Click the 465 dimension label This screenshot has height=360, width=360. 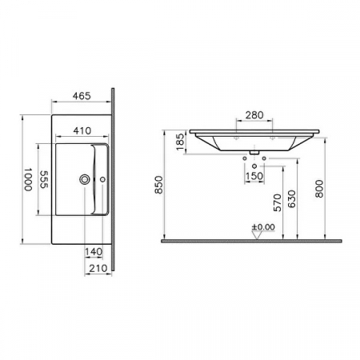coord(83,95)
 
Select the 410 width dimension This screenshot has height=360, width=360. coord(81,129)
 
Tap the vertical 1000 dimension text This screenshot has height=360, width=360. coord(26,180)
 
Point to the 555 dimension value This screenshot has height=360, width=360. coord(46,180)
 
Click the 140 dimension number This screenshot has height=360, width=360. coord(93,252)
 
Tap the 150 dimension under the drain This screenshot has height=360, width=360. coord(254,176)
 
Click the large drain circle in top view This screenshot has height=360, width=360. coord(83,180)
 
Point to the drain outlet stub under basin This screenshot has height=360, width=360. coord(254,151)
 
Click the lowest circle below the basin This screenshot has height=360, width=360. coord(254,166)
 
